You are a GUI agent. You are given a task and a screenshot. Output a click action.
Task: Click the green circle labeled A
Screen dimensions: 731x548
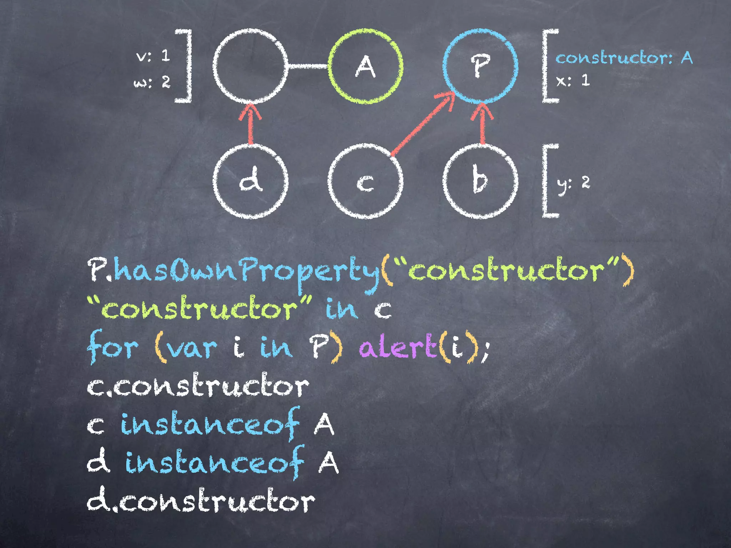coord(365,66)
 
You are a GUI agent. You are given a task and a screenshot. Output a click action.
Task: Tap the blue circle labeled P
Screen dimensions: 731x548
coord(480,66)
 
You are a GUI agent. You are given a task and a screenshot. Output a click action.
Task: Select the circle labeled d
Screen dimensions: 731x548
coord(251,181)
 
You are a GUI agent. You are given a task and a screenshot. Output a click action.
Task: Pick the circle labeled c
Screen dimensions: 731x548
coord(365,181)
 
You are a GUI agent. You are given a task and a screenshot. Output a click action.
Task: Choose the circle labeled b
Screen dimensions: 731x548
coord(480,181)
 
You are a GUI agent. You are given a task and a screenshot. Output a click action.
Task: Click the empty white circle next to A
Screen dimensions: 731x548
coord(251,66)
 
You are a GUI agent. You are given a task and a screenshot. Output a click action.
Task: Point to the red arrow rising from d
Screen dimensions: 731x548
coord(251,125)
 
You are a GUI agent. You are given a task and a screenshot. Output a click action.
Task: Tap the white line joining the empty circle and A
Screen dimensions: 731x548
coord(308,66)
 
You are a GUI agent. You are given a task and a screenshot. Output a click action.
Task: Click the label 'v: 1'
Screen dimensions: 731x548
coord(153,56)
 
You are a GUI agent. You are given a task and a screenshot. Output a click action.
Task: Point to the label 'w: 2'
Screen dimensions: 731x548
coord(152,82)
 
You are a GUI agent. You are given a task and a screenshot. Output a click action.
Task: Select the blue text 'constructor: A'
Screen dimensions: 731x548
coord(624,58)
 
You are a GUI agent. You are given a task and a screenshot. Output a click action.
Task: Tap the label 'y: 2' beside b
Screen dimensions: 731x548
coord(573,183)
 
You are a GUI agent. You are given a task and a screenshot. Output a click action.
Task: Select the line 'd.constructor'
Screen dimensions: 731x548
coord(201,502)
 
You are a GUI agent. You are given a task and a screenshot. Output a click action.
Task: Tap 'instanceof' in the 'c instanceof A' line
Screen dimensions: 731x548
coord(210,425)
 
